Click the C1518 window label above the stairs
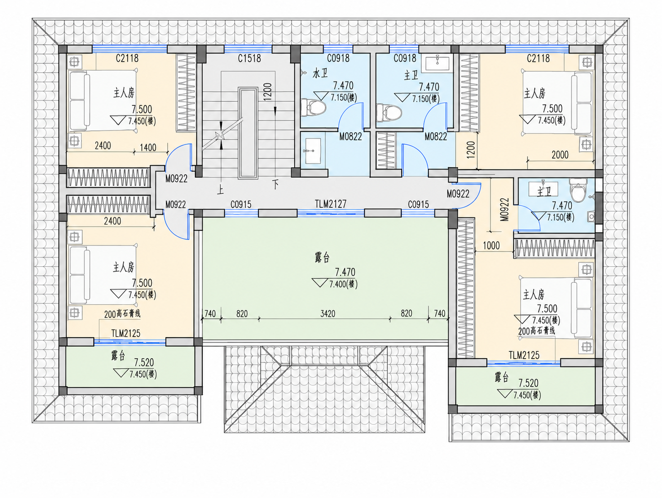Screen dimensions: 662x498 point(249,58)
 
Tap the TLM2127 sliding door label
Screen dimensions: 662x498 point(331,204)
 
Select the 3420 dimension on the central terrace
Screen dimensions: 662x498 point(328,313)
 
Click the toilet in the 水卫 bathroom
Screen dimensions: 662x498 point(314,106)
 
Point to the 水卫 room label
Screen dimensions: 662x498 point(320,73)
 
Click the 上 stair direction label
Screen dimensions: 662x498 point(221,190)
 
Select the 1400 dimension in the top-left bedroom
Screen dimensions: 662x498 point(148,148)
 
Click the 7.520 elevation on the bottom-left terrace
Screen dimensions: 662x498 point(144,362)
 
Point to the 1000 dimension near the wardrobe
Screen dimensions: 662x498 point(491,246)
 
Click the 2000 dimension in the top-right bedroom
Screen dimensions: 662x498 point(560,155)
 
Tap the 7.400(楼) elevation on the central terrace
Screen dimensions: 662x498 point(343,284)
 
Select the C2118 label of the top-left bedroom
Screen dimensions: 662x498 point(127,58)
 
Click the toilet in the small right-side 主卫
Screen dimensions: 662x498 point(578,190)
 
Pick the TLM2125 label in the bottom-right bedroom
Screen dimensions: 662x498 point(524,355)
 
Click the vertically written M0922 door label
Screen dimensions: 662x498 point(505,209)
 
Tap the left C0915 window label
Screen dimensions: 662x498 point(241,204)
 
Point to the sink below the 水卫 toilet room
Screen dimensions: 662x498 point(313,151)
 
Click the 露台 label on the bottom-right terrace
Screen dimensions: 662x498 point(501,377)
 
